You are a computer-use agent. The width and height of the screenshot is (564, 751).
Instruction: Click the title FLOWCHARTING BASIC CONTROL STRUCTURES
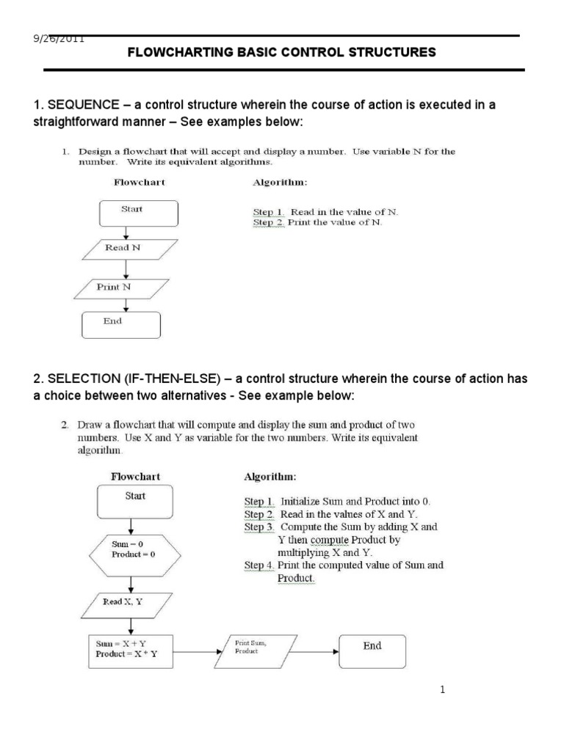tap(282, 53)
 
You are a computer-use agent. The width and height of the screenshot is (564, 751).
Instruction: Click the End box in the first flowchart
tap(120, 324)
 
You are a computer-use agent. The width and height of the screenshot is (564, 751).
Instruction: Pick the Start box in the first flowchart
tap(138, 213)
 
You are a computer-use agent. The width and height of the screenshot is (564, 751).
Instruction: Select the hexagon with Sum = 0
tap(133, 550)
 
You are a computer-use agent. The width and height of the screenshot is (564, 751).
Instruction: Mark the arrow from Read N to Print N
tap(127, 268)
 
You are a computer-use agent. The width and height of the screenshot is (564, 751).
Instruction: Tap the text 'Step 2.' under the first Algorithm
tap(268, 222)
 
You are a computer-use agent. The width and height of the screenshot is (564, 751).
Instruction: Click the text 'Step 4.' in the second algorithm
tap(259, 565)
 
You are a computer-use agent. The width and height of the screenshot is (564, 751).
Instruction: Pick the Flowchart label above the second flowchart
tap(135, 476)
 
